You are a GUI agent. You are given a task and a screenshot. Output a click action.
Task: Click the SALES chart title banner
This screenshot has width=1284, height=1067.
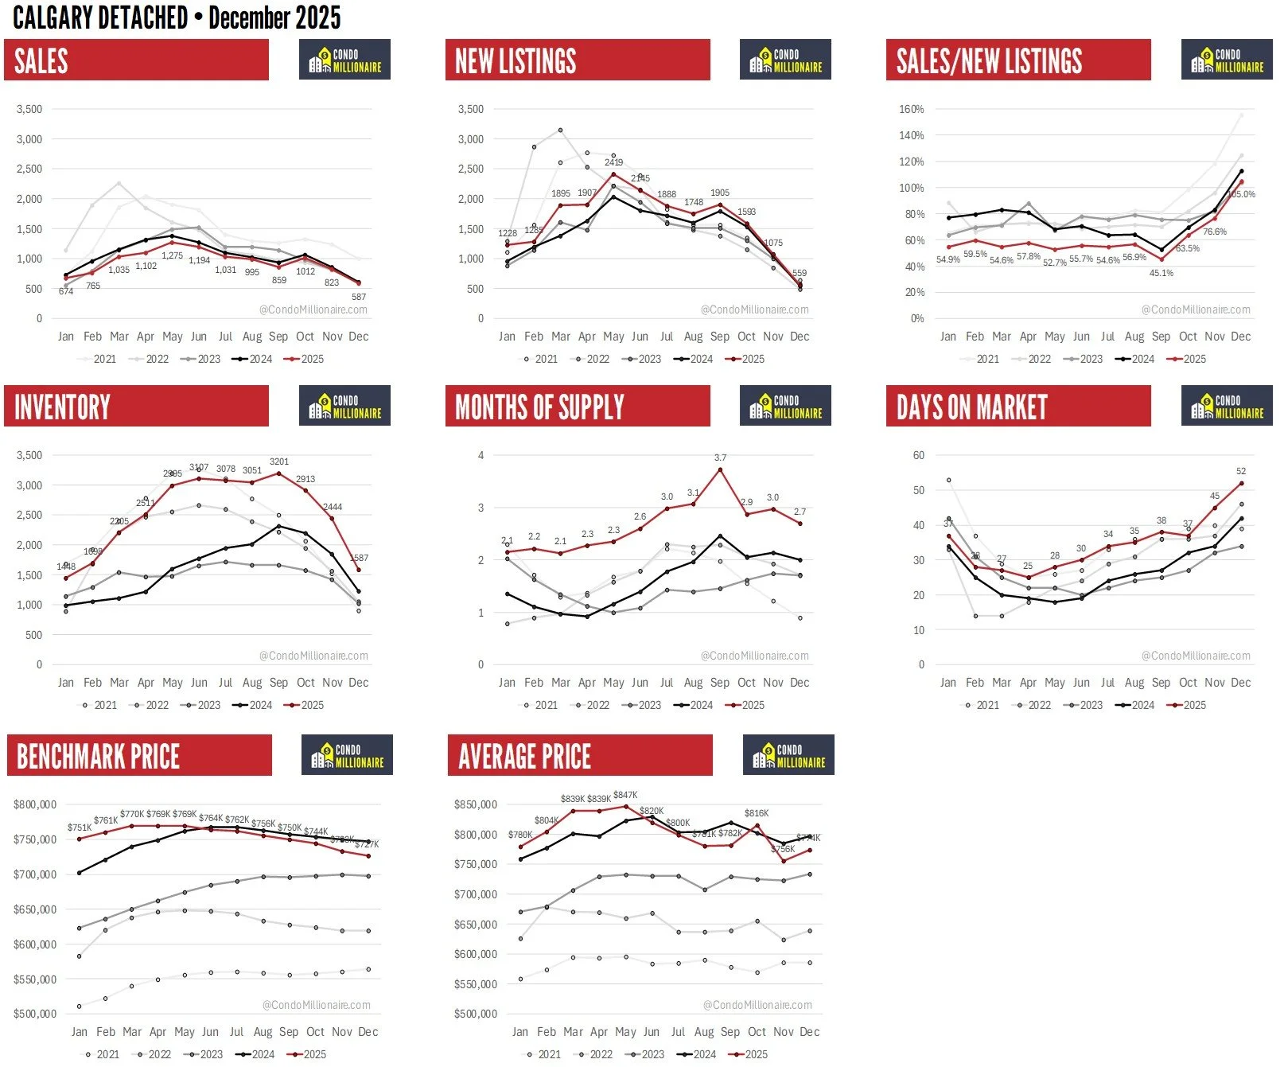[x=136, y=60]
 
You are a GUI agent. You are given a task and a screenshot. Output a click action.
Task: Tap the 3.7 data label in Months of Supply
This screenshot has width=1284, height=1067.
[x=720, y=458]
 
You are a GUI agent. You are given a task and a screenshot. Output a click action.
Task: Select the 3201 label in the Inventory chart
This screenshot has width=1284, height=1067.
[x=279, y=461]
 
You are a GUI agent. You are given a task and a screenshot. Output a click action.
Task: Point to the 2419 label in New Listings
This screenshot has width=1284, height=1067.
[x=613, y=162]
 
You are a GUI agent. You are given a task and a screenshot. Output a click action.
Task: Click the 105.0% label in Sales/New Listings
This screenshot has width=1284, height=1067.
[x=1241, y=194]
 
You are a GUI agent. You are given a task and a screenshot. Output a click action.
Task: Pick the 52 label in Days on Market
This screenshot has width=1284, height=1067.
[x=1241, y=471]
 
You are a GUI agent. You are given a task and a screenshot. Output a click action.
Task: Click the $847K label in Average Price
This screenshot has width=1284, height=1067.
[x=625, y=795]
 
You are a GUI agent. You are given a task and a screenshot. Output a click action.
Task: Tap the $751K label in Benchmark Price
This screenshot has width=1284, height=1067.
[x=80, y=828]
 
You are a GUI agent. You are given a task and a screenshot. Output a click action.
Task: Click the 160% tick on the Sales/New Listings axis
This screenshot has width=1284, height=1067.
[x=912, y=109]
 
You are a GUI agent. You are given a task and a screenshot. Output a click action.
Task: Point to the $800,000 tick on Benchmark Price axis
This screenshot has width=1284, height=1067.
[x=35, y=804]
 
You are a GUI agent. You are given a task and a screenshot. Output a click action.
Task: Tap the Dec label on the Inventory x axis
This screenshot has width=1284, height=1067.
[x=359, y=683]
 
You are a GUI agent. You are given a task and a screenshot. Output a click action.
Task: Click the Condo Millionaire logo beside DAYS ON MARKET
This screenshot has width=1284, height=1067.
[x=1227, y=406]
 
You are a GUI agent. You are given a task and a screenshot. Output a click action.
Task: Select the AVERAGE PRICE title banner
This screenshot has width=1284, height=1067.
[x=580, y=756]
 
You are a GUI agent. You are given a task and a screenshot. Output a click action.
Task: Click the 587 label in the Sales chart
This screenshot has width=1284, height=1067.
[x=359, y=297]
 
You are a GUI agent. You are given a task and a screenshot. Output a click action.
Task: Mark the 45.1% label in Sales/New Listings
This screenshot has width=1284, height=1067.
[x=1161, y=273]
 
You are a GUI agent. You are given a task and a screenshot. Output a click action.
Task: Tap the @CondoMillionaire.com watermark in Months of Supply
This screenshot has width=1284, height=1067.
[x=754, y=656]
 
